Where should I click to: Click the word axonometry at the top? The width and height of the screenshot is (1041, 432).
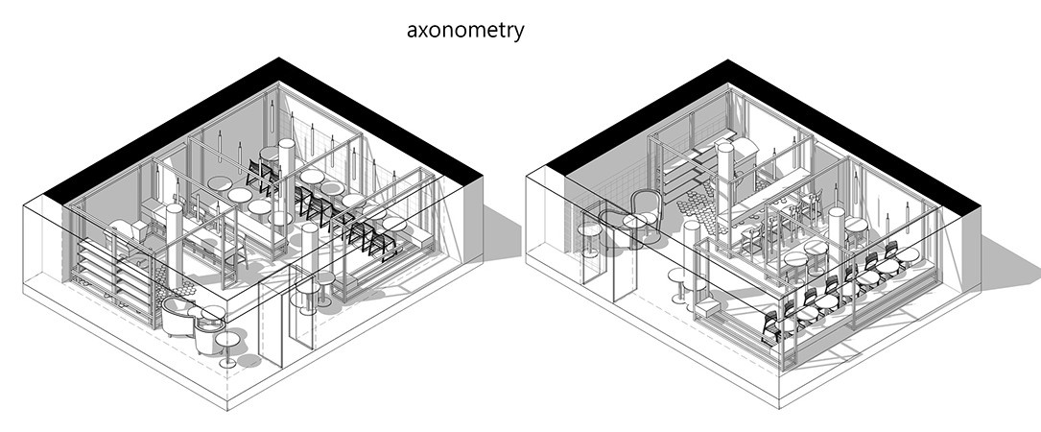coord(465,31)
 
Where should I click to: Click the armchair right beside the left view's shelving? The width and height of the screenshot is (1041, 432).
coord(177,317)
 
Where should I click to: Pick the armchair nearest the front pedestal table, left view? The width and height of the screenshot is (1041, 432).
coord(208,334)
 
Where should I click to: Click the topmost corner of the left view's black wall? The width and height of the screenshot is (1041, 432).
coord(279,58)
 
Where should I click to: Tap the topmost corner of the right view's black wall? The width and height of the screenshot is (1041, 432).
coord(728,60)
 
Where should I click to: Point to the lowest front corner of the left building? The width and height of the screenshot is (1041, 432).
coord(227,410)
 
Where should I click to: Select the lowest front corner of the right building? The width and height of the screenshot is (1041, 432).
coord(779,408)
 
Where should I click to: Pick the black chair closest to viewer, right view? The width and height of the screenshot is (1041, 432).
coord(770,327)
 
